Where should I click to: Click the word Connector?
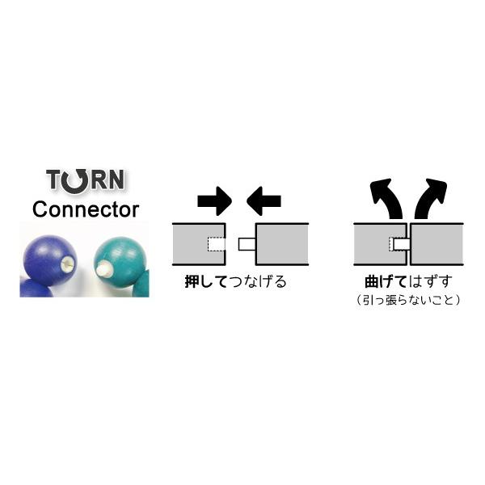click(x=85, y=209)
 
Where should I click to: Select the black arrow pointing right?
click(x=213, y=199)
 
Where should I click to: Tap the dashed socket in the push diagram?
click(x=216, y=243)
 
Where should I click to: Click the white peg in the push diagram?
click(x=246, y=243)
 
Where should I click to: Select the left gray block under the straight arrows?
click(x=198, y=243)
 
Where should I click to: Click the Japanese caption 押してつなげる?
click(x=235, y=283)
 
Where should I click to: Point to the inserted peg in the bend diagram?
click(x=399, y=243)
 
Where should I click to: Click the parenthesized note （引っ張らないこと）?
click(x=407, y=300)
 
